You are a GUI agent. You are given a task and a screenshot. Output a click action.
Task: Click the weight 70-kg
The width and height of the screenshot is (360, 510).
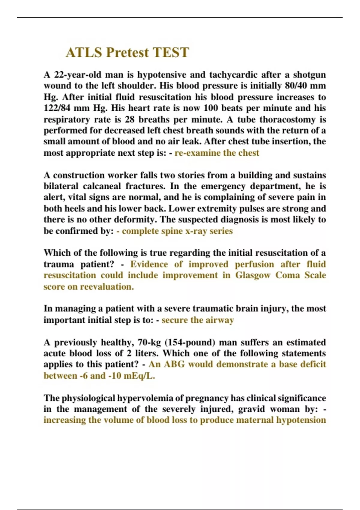(x=149, y=342)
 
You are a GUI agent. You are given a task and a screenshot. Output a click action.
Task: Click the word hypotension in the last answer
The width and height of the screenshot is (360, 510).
(x=301, y=420)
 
